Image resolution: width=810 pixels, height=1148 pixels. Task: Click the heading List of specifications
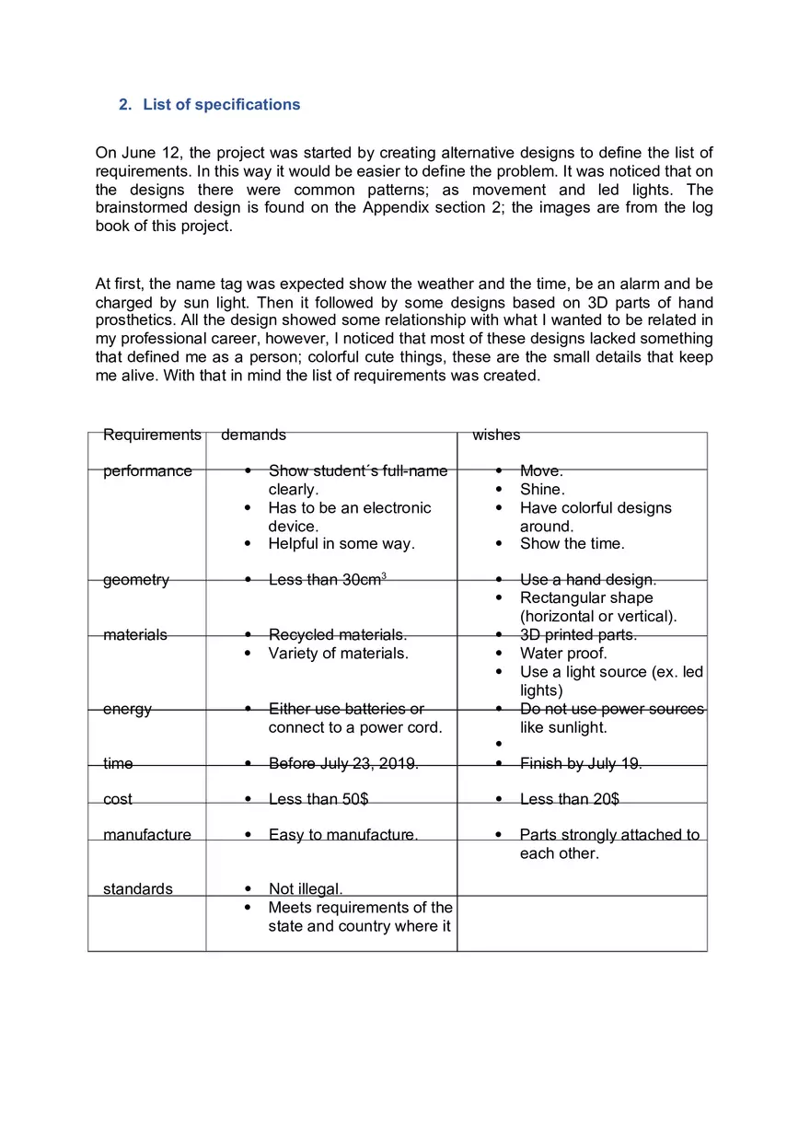[221, 105]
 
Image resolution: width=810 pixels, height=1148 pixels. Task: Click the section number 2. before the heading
[126, 105]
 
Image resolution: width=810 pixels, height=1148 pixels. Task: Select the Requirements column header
[152, 435]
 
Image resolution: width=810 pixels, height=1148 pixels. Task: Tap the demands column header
[253, 435]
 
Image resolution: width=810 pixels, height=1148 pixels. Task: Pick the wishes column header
[496, 435]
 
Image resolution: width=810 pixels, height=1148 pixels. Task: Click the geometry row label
[136, 580]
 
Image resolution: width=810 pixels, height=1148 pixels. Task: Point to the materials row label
[135, 635]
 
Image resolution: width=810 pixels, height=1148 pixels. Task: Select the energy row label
[127, 709]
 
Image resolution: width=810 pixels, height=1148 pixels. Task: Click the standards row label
[138, 889]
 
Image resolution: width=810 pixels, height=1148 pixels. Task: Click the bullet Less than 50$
[318, 799]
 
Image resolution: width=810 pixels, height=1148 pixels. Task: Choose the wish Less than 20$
[569, 799]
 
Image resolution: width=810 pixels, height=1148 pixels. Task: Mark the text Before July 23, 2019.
[343, 763]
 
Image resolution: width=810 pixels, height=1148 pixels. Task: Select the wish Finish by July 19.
[581, 763]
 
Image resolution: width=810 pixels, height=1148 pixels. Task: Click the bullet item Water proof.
[563, 654]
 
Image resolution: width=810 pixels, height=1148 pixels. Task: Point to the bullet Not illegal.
[306, 889]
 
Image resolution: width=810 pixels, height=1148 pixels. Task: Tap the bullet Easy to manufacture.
[342, 835]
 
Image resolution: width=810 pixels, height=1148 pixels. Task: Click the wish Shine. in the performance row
[542, 490]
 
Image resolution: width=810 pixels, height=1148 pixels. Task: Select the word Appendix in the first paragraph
[394, 208]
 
